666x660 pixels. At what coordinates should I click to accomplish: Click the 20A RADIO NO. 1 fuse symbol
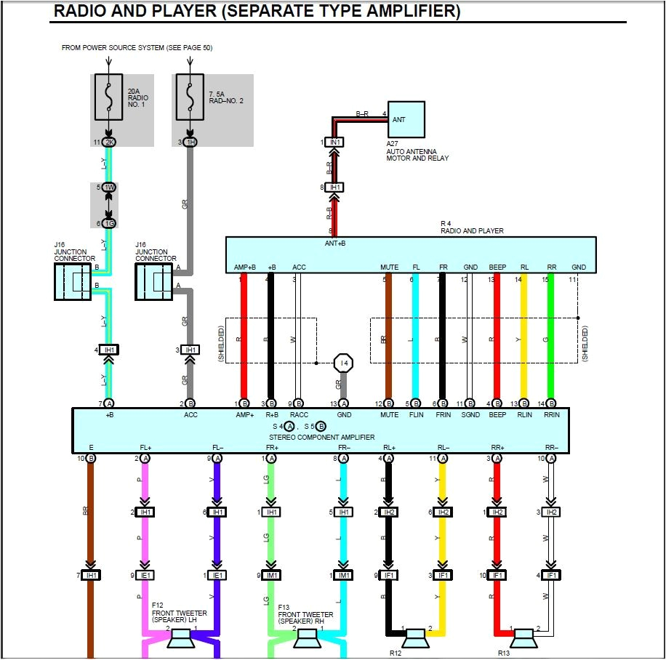(109, 97)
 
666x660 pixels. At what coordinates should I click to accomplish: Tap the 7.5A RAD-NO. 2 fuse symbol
(190, 97)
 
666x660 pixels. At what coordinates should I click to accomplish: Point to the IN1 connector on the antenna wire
(334, 142)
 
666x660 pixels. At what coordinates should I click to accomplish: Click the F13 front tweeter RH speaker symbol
(306, 640)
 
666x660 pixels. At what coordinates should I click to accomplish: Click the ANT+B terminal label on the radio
(334, 244)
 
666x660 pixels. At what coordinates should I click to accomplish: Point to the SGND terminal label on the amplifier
(470, 415)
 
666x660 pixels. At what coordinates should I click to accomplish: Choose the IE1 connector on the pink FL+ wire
(146, 575)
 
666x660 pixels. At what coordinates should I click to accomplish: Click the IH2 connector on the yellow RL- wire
(442, 512)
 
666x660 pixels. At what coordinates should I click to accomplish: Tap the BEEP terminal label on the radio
(497, 267)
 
